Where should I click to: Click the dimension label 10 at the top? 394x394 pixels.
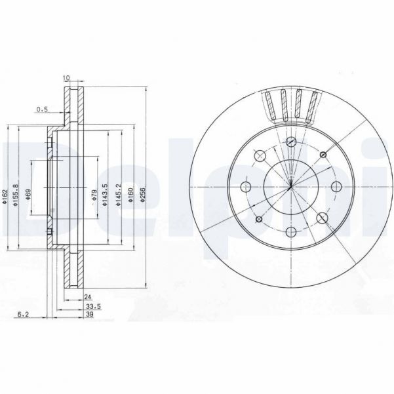click(x=66, y=79)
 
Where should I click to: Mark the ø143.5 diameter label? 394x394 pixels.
click(x=106, y=195)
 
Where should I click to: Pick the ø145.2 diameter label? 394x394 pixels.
click(x=118, y=195)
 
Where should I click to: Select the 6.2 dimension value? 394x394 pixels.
click(x=23, y=314)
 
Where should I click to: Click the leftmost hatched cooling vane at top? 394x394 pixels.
click(x=270, y=106)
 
